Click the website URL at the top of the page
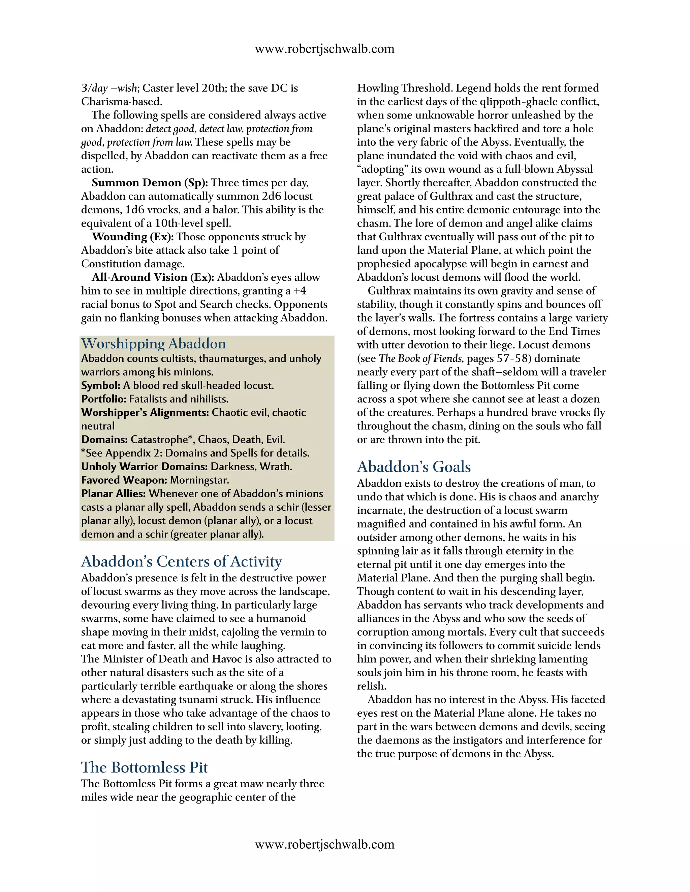[324, 49]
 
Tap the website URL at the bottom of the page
[324, 844]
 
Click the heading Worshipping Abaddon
[153, 344]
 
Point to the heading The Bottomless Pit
[144, 767]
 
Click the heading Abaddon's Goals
[414, 467]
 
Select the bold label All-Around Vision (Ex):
[153, 277]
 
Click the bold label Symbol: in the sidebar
[100, 385]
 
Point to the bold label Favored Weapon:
[124, 480]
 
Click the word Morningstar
[199, 480]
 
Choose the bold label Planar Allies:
[113, 493]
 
